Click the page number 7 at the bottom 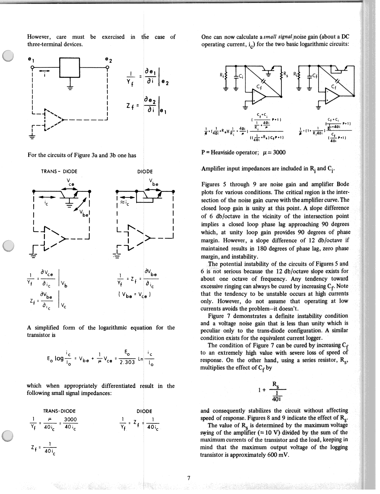tap(188, 478)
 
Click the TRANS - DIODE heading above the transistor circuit tap(59, 171)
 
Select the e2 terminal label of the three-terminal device tap(109, 60)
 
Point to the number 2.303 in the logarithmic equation tap(127, 362)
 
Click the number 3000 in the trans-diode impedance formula tap(70, 419)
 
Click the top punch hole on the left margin tap(8, 55)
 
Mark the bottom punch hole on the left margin tap(8, 436)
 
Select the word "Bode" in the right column tap(342, 184)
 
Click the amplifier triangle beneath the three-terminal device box tap(53, 119)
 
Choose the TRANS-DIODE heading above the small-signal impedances tap(59, 411)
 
